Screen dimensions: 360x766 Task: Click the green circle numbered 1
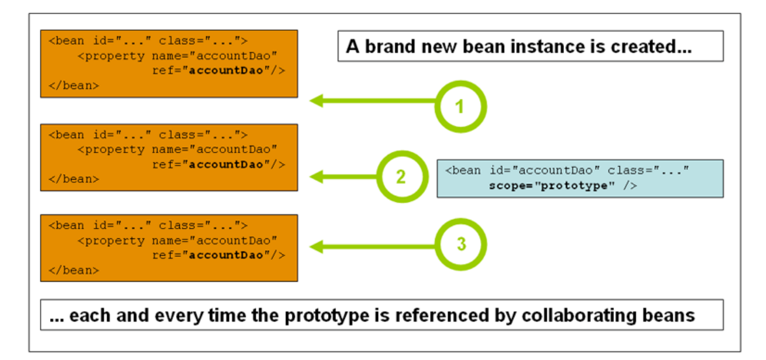460,107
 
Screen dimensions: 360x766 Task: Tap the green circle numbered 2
402,177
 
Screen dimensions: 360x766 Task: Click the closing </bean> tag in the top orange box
74,85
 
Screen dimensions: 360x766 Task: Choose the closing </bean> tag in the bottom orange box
74,270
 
